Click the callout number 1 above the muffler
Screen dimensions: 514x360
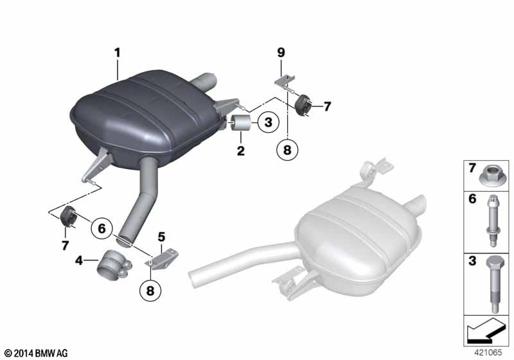coord(118,53)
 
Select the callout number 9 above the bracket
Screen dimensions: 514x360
coord(281,53)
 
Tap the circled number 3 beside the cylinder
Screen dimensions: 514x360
coord(269,122)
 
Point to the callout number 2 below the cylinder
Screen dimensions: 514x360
coord(241,151)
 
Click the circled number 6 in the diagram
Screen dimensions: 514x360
coord(102,228)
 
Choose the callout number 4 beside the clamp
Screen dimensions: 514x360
coord(79,261)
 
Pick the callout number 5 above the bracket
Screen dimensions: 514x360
coord(161,237)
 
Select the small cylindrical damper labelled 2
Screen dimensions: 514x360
coord(241,122)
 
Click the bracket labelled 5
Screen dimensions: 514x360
coord(163,259)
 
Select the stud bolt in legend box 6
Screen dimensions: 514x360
coord(493,221)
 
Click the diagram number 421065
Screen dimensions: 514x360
coord(488,352)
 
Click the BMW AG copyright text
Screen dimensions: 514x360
coord(37,353)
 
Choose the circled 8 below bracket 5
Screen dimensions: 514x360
coord(150,291)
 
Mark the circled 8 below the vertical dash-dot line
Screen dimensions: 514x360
coord(287,150)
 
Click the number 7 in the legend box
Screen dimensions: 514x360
coord(472,168)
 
